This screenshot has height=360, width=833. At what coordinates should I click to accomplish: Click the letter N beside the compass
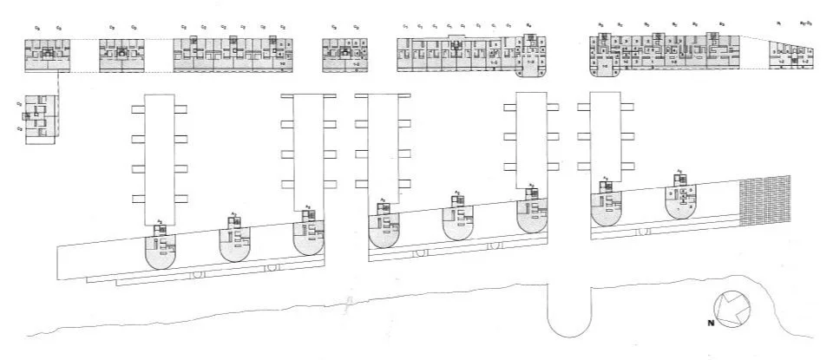tap(711, 324)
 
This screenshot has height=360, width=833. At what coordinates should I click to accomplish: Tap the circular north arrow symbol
tap(730, 308)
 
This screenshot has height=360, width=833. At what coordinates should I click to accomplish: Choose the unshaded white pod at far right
tap(682, 201)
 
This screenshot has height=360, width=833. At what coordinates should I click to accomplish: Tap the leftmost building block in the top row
tap(47, 54)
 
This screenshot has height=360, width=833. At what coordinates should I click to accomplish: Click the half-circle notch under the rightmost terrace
tap(643, 232)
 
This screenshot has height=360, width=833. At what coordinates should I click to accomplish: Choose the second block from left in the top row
tap(121, 54)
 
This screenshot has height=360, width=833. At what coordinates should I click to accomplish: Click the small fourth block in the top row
tap(345, 54)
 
